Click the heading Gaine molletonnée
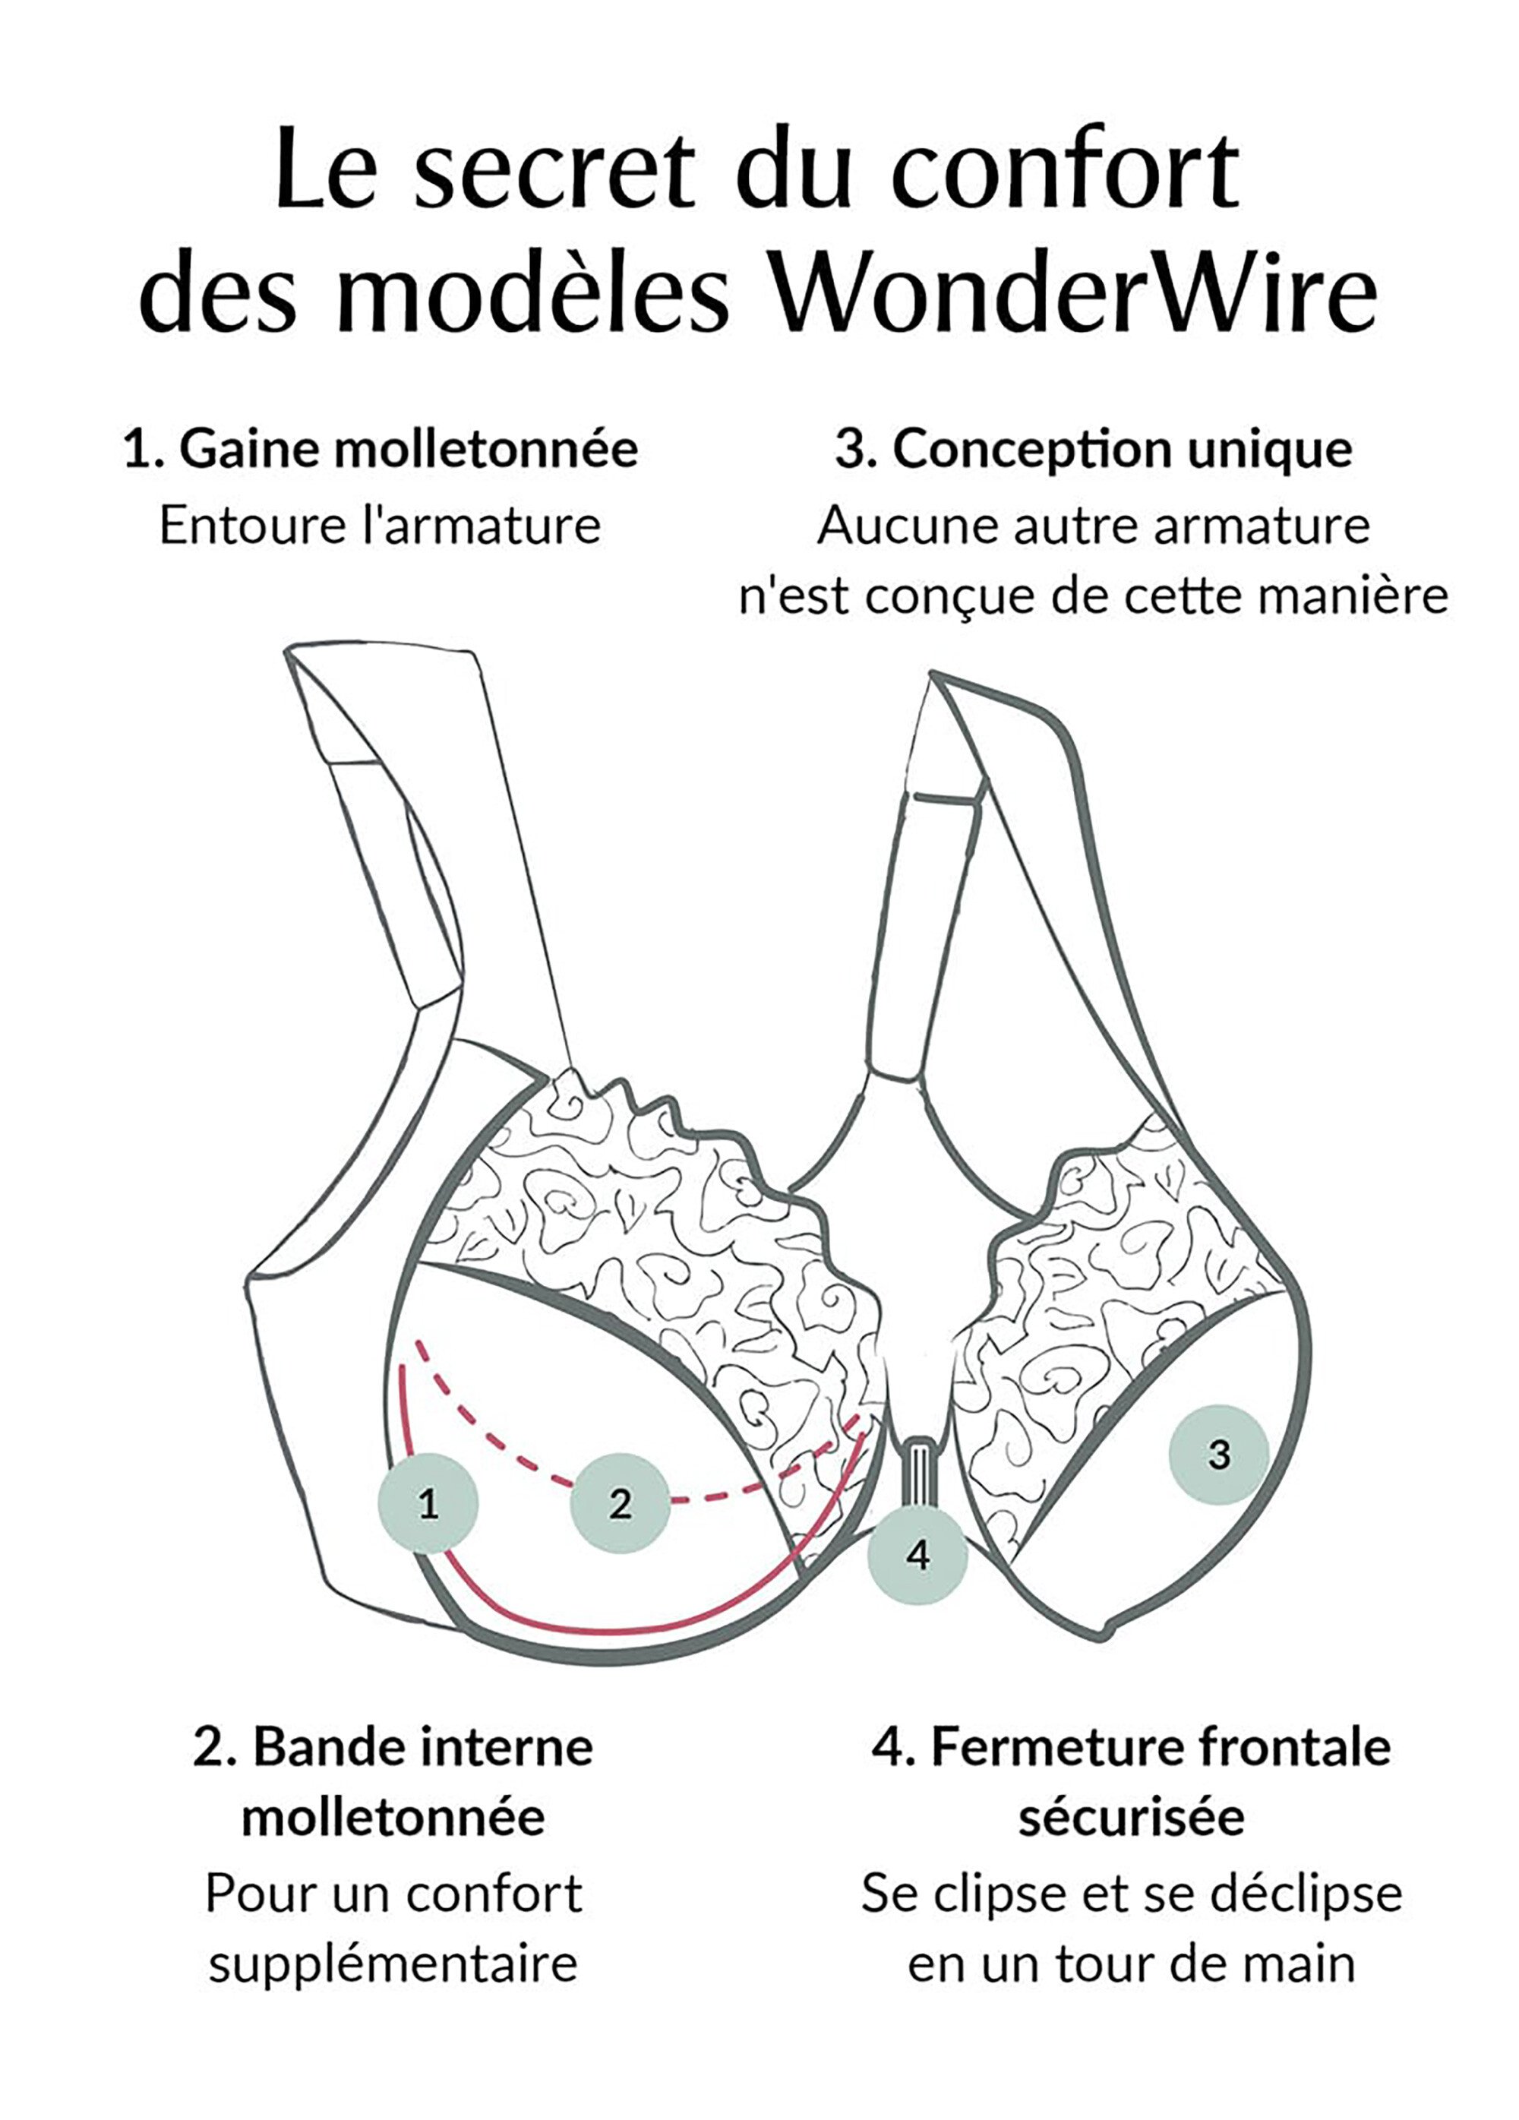click(x=409, y=450)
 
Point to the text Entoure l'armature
click(x=380, y=526)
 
